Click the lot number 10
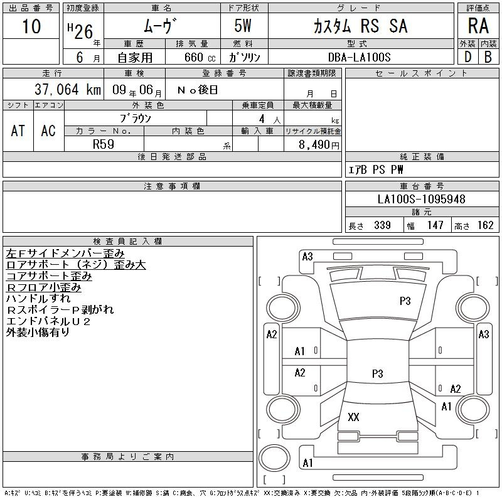coord(31,26)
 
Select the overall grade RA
coord(478,26)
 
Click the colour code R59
coord(104,144)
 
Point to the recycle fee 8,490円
coord(320,144)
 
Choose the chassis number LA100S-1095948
coord(422,199)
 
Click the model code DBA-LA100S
coord(360,56)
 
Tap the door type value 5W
coord(244,26)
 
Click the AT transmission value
coord(18,131)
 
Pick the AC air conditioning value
coord(48,131)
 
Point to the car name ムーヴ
coord(161,26)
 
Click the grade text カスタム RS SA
coord(360,26)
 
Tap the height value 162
coord(484,225)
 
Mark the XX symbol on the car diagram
coord(353,417)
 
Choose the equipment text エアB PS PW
coord(376,169)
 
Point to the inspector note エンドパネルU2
coord(48,321)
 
